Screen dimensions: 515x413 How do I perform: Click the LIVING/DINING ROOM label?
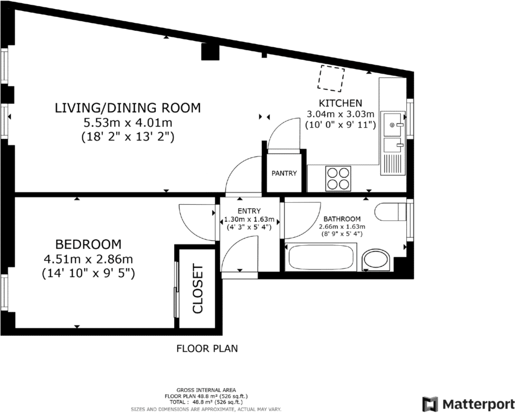tap(128, 108)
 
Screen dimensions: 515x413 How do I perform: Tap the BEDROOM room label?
tap(88, 245)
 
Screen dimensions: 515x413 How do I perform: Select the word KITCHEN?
tap(341, 103)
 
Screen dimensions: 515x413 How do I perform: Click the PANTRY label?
tap(284, 173)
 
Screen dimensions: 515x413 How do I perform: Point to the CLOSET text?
tap(198, 289)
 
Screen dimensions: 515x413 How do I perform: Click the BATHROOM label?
tap(342, 219)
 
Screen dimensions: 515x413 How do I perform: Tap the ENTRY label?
tap(249, 211)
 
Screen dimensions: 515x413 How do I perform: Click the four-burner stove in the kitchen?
tap(338, 179)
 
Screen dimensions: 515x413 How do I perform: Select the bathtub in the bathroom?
tap(321, 257)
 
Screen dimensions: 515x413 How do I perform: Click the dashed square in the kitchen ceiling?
tap(331, 78)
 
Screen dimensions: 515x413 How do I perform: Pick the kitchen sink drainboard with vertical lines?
tap(392, 164)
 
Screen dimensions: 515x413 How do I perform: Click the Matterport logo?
tap(468, 403)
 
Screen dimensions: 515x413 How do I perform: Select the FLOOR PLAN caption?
tap(207, 348)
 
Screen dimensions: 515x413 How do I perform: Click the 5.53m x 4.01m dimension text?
tap(128, 123)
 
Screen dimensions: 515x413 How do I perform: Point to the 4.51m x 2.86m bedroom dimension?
tap(88, 259)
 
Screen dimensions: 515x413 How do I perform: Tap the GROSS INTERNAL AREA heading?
tap(206, 390)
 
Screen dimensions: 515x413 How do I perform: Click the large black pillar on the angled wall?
tap(210, 51)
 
